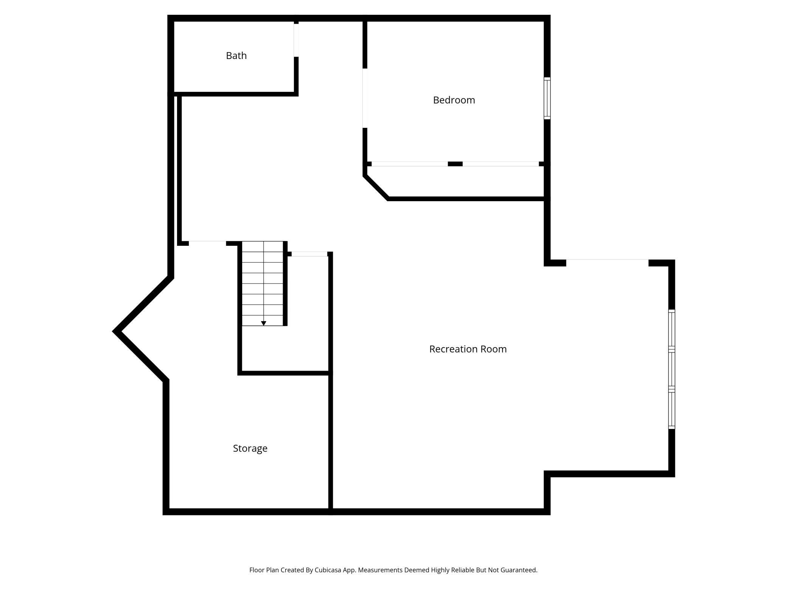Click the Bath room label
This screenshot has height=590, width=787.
(236, 56)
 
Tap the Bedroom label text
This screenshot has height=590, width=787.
(454, 100)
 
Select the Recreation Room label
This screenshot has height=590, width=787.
(468, 349)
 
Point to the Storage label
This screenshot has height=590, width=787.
(250, 449)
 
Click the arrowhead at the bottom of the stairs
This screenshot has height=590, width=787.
(264, 323)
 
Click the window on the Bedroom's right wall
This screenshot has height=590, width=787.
(547, 98)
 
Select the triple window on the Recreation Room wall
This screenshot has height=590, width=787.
(671, 369)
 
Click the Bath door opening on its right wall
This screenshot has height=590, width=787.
(296, 40)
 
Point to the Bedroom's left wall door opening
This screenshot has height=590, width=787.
(365, 98)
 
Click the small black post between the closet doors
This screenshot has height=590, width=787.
(455, 164)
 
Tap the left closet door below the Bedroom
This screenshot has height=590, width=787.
(409, 164)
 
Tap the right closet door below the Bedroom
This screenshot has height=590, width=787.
(501, 164)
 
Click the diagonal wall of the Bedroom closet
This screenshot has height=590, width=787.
(376, 187)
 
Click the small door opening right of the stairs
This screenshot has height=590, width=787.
(309, 254)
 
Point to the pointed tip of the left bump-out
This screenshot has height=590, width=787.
(115, 332)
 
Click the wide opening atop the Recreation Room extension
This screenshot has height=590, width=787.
(607, 261)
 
